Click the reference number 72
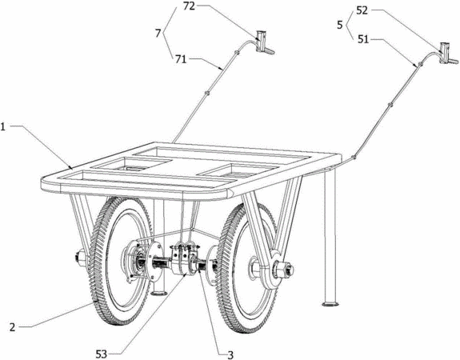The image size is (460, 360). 189,6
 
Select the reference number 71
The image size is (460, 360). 181,59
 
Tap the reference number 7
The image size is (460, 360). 158,34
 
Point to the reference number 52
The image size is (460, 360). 362,11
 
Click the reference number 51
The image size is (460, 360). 363,39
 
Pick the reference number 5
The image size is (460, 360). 340,25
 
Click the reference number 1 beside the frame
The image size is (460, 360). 3,127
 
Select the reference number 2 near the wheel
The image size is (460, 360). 12,327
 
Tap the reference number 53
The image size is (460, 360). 102,354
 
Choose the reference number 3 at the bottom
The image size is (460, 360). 230,354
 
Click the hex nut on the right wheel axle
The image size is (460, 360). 283,269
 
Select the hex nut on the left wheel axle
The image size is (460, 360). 80,258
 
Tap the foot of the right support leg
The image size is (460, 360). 330,304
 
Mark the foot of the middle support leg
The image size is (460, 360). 159,292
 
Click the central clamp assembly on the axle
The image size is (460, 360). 186,258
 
